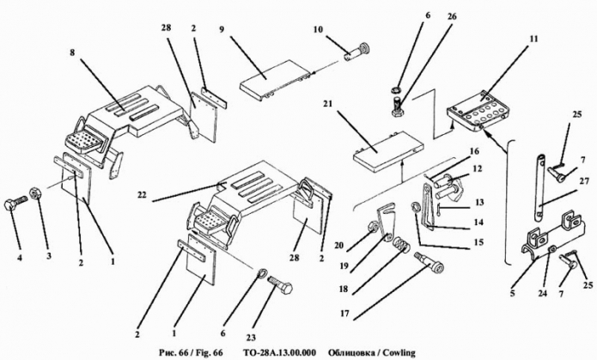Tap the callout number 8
tap(72, 52)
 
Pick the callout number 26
tap(453, 17)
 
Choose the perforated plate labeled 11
tap(478, 110)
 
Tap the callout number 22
tap(141, 195)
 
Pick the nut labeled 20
tap(372, 229)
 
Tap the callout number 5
tap(513, 293)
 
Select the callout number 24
tap(543, 293)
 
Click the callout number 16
tap(474, 151)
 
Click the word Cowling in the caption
tap(399, 353)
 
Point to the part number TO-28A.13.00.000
tap(279, 353)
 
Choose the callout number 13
tap(479, 202)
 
